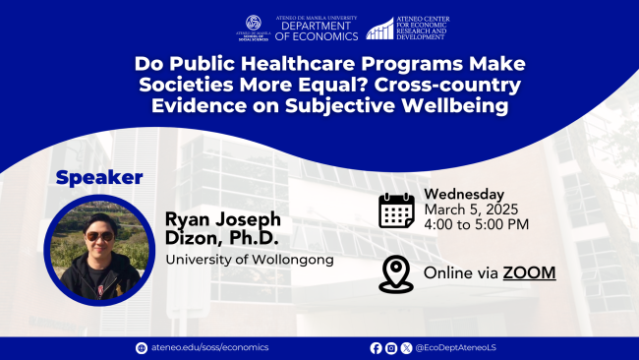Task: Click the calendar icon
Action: [x=396, y=210]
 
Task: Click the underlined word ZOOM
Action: [x=529, y=271]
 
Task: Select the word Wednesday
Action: [x=464, y=194]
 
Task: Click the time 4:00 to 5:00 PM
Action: [x=477, y=224]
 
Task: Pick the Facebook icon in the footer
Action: [x=376, y=347]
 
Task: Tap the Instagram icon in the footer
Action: [x=390, y=347]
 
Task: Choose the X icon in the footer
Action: [x=405, y=347]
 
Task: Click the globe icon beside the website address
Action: [x=141, y=347]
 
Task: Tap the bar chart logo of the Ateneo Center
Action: [x=379, y=28]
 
